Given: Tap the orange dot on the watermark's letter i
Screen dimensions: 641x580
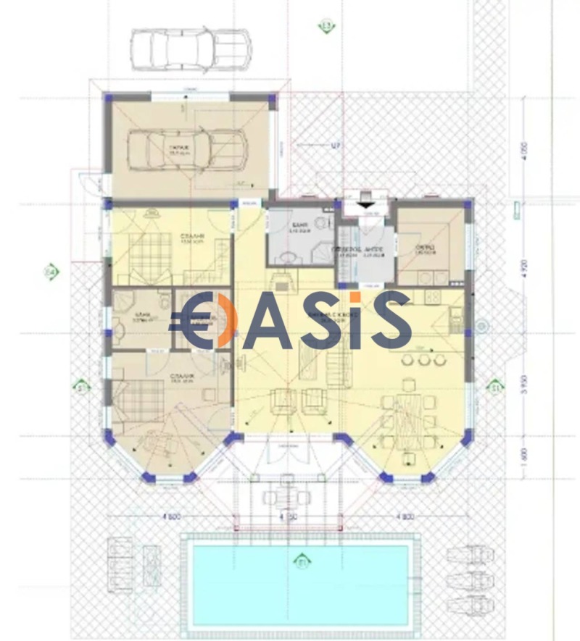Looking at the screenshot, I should (x=354, y=298).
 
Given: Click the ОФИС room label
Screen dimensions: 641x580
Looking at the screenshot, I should (x=425, y=249).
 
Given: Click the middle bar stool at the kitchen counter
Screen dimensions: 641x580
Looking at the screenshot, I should (x=420, y=359).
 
